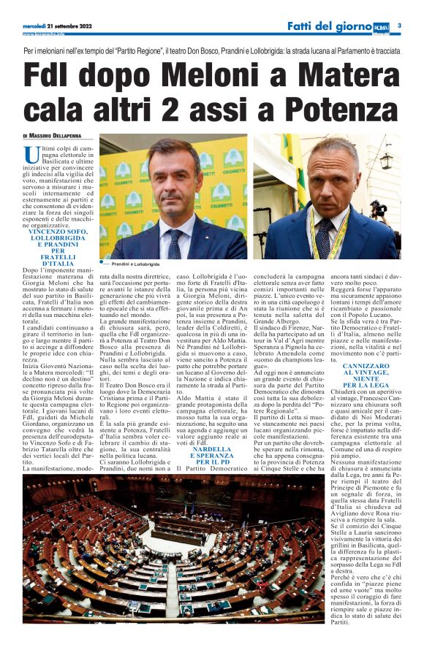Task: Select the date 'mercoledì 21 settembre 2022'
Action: coord(56,26)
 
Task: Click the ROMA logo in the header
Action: coord(381,26)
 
